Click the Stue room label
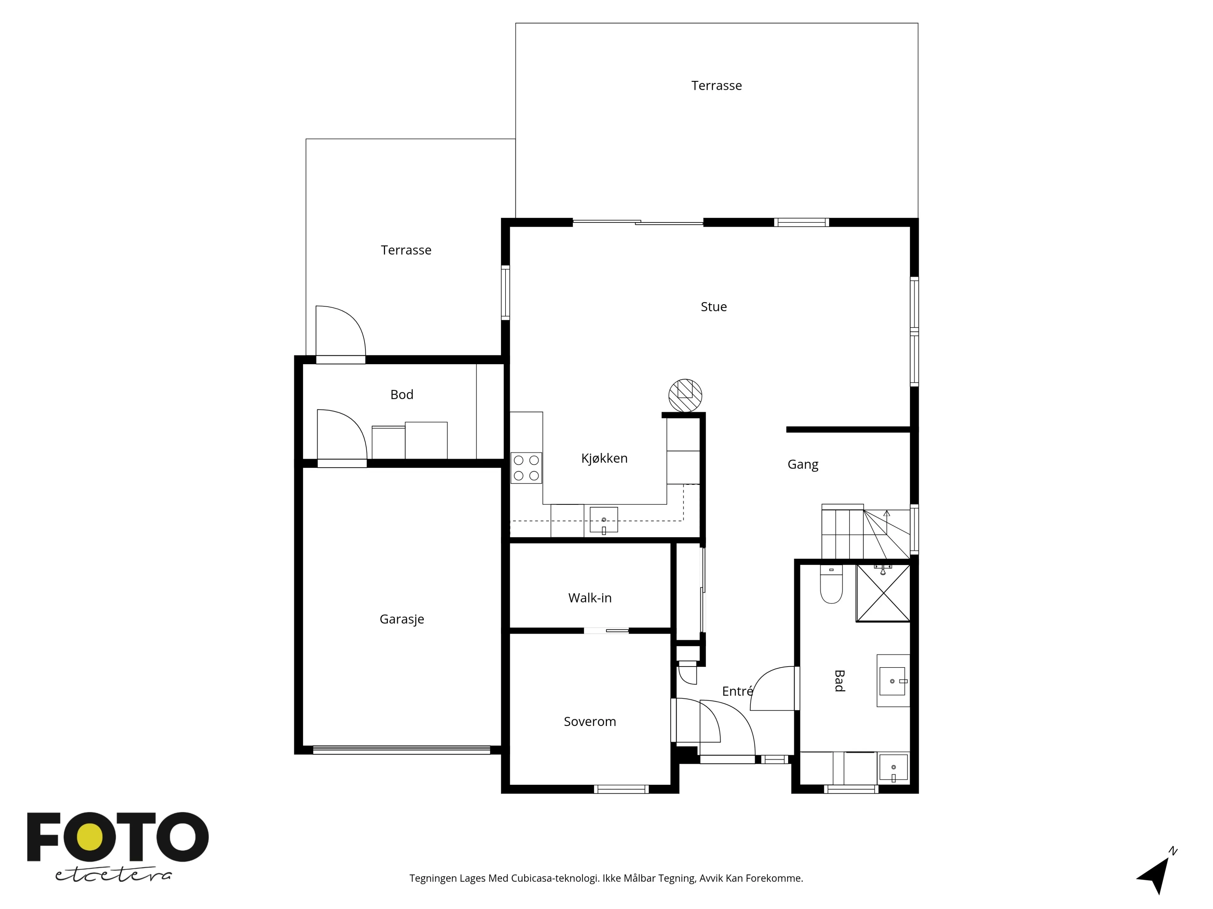pyautogui.click(x=713, y=307)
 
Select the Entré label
pyautogui.click(x=736, y=692)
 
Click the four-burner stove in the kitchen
pyautogui.click(x=526, y=468)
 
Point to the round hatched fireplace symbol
pyautogui.click(x=685, y=395)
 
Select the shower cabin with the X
pyautogui.click(x=883, y=593)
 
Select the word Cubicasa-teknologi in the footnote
pyautogui.click(x=554, y=878)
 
